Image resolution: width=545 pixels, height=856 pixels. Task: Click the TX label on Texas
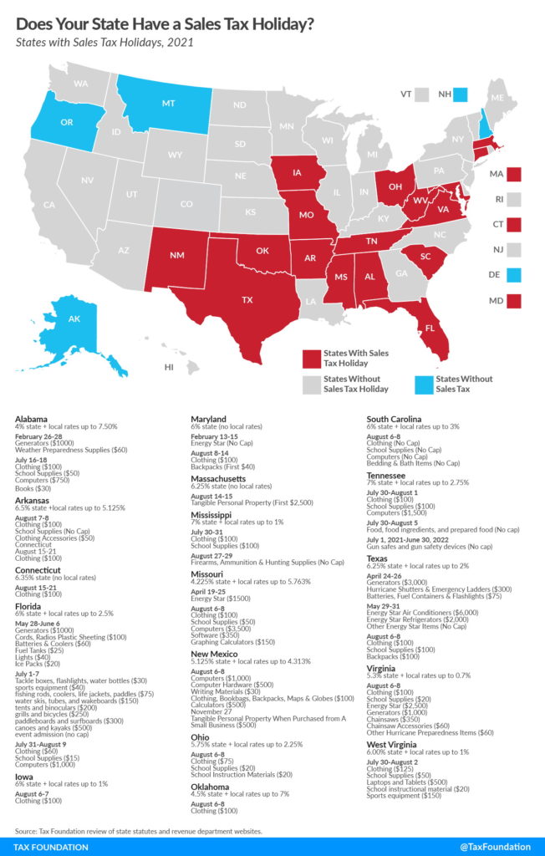coord(247,298)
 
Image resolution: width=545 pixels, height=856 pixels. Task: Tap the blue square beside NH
coord(461,94)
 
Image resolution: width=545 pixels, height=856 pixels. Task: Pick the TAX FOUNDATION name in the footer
coord(51,846)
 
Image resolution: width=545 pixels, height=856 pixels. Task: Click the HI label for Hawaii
coord(169,367)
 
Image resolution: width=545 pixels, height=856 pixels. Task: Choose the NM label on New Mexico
coord(177,254)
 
